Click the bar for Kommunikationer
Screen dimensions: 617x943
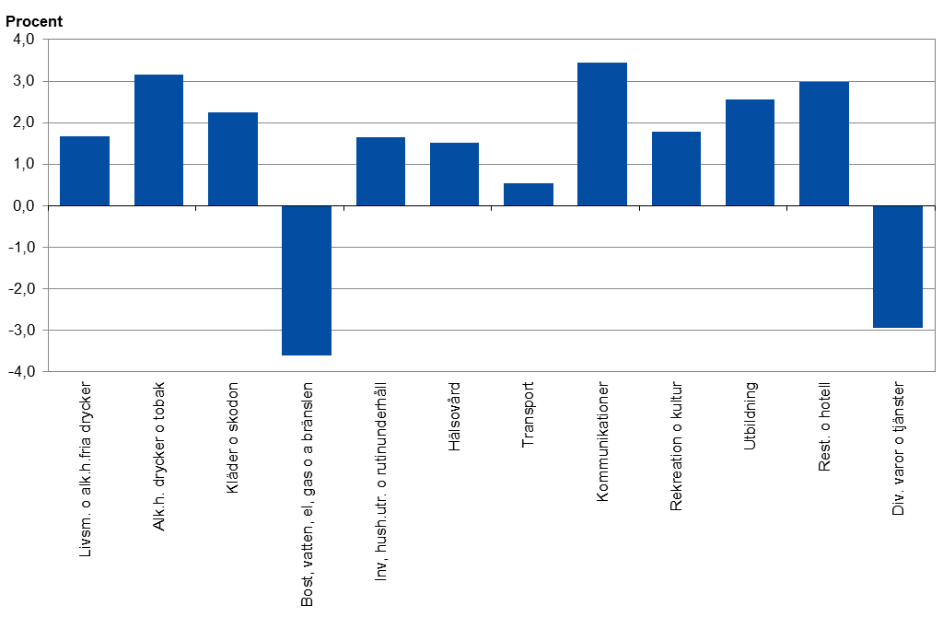602,134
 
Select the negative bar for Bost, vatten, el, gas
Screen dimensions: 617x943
307,280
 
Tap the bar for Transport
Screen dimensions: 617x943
529,194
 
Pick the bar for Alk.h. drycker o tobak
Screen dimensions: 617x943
158,140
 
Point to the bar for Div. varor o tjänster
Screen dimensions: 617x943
898,266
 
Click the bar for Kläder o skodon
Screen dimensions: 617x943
233,159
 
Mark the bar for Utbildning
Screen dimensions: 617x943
750,153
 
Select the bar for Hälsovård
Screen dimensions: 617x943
454,174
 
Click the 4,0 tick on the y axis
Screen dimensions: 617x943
23,40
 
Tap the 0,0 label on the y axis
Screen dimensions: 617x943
23,205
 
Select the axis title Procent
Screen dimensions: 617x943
34,21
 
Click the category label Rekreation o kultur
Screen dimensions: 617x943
677,446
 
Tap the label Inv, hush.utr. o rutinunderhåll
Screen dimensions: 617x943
381,479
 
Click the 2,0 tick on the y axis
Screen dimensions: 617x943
23,122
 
